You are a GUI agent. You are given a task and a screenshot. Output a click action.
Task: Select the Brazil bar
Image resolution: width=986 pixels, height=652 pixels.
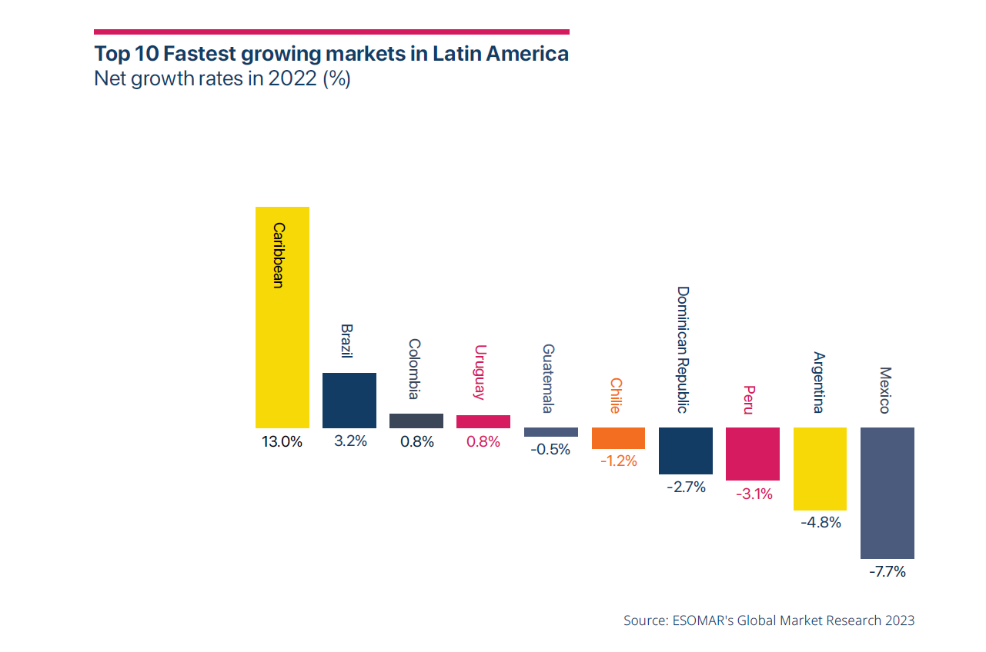point(349,400)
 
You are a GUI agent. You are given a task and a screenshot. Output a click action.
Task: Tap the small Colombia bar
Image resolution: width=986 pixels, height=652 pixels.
point(416,421)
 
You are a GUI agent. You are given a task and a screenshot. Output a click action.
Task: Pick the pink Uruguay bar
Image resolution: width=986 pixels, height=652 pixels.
point(483,421)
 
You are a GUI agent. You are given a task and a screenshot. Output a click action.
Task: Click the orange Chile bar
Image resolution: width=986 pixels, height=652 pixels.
point(618,438)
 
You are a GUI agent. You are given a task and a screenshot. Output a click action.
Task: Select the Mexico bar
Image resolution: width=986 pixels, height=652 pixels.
point(887,493)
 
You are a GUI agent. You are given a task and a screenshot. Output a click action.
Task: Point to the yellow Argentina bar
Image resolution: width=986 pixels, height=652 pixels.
point(820,469)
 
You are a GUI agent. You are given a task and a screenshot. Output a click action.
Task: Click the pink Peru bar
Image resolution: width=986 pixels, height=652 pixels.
point(753,454)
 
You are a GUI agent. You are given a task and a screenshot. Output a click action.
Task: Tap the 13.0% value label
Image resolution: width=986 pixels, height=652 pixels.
point(282,442)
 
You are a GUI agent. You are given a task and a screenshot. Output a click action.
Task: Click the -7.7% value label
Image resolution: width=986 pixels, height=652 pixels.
point(887,572)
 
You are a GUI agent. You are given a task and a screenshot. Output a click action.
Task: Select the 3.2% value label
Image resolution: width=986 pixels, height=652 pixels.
point(349,442)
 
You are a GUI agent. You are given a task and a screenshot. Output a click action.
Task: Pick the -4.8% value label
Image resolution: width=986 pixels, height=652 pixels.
point(820,523)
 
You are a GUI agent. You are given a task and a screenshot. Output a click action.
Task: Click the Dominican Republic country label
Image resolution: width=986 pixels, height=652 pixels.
point(683,350)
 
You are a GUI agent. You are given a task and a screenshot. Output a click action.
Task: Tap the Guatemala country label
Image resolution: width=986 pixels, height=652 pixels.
point(548,378)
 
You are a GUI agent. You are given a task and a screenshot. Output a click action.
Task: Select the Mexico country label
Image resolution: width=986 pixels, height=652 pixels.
point(884,389)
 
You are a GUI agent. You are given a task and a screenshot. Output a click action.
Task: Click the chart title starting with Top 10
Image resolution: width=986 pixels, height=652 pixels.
point(331,55)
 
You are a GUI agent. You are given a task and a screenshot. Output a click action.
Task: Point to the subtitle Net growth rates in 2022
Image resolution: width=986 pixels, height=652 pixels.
point(222,79)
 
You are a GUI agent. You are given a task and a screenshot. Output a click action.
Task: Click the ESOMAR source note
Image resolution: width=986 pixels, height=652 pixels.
point(769,620)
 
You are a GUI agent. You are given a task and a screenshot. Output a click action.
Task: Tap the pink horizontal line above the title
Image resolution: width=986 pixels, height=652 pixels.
point(331,32)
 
